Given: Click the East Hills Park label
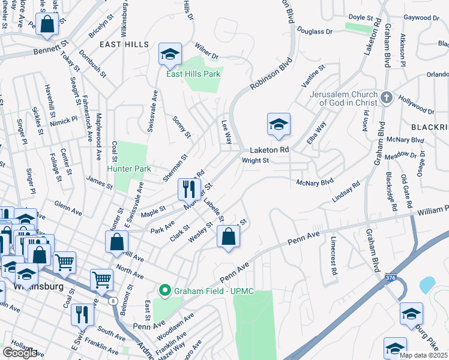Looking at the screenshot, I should [193, 74].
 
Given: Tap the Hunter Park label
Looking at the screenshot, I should [129, 169].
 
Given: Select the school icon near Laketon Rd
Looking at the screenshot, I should [279, 124].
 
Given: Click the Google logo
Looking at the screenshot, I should [19, 353].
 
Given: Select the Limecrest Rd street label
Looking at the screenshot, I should [333, 254].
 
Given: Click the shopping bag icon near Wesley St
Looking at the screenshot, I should [228, 236].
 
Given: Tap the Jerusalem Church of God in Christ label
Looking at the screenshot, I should [343, 98].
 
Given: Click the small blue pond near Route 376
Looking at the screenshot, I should [427, 284].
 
